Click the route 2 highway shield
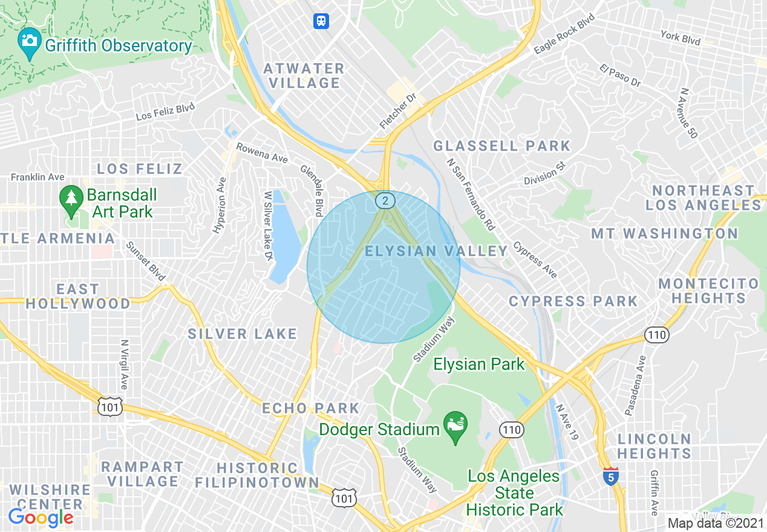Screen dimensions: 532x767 (385, 200)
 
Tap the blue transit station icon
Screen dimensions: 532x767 (321, 21)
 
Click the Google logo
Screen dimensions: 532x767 (41, 517)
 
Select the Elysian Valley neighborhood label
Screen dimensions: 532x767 (437, 251)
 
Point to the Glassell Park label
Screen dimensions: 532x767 (501, 146)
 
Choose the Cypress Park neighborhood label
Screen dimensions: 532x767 (573, 301)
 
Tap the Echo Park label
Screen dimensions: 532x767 (310, 408)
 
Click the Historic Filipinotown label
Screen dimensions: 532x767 (257, 475)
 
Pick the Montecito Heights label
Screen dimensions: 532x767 (708, 291)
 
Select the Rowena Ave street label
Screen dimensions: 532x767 (262, 153)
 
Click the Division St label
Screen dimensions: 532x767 (544, 173)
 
